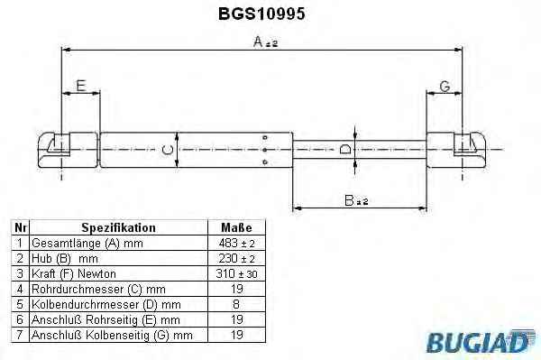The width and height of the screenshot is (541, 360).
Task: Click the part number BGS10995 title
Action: [261, 14]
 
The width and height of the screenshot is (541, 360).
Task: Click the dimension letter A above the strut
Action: [258, 42]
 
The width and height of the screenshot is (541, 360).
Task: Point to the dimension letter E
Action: [81, 86]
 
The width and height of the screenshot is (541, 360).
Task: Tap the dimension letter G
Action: [445, 87]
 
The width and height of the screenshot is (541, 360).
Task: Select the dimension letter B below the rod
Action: [350, 200]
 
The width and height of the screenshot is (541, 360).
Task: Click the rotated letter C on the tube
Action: [168, 150]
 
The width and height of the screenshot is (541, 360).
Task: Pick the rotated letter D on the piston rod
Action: [345, 149]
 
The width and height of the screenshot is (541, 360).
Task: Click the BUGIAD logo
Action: [481, 341]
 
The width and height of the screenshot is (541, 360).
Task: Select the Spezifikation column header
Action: [118, 227]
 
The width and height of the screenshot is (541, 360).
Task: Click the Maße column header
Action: [236, 227]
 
